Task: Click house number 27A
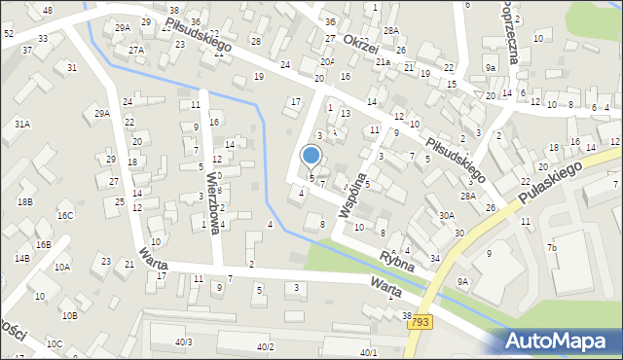pyautogui.click(x=136, y=50)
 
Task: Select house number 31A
pyautogui.click(x=21, y=125)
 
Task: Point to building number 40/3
pyautogui.click(x=183, y=342)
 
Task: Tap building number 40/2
pyautogui.click(x=265, y=347)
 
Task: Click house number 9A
pyautogui.click(x=463, y=281)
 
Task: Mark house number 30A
pyautogui.click(x=447, y=216)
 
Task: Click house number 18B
pyautogui.click(x=24, y=201)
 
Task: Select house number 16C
pyautogui.click(x=65, y=216)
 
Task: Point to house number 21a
pyautogui.click(x=384, y=62)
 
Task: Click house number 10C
pyautogui.click(x=55, y=343)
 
